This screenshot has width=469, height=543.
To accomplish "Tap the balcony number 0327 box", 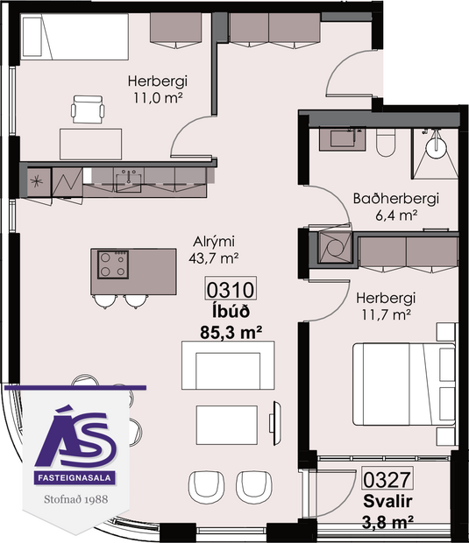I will (387, 482).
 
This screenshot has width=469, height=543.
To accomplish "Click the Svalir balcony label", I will (387, 502).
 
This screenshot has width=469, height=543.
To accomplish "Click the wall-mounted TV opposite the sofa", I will (277, 416).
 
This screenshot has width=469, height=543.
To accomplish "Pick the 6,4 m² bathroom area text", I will (394, 215).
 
